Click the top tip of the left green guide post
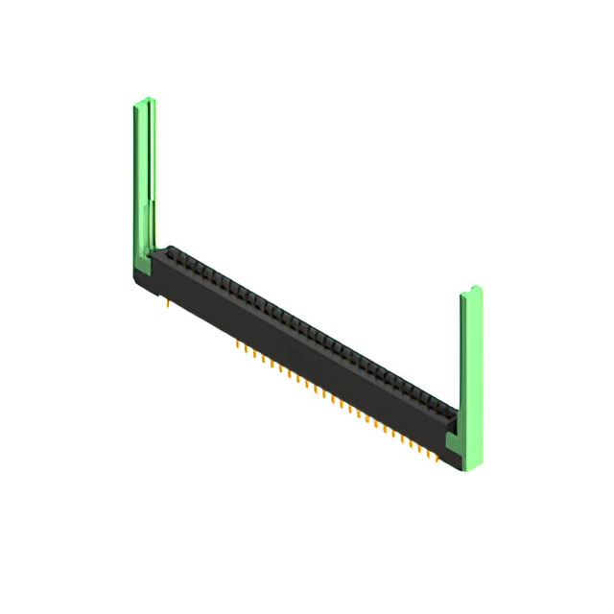click(x=143, y=101)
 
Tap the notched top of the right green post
click(x=472, y=290)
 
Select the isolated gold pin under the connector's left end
click(x=169, y=305)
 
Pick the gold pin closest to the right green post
click(x=438, y=459)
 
